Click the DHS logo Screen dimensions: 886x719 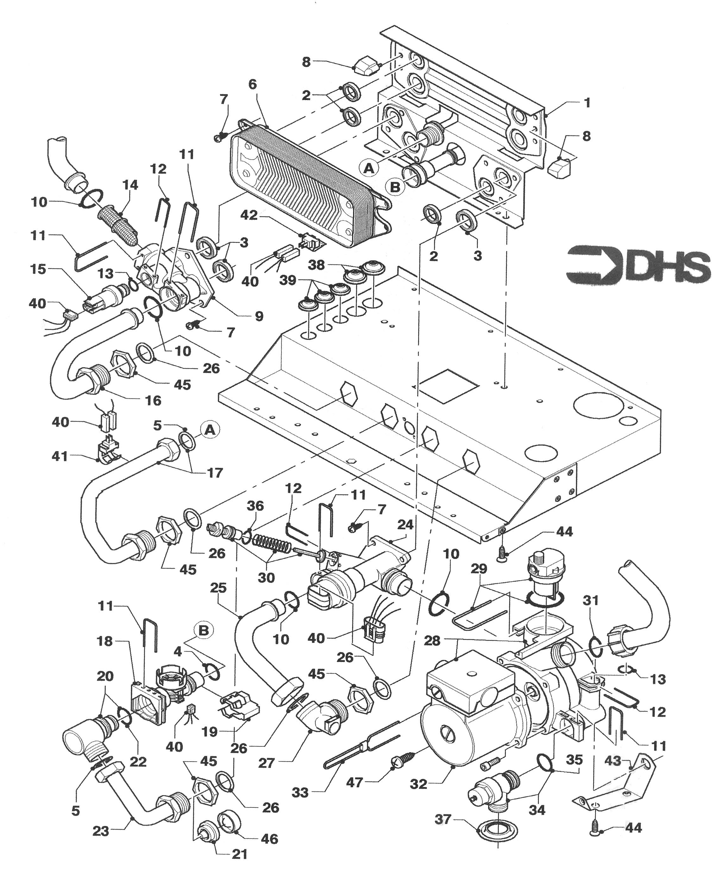pyautogui.click(x=638, y=266)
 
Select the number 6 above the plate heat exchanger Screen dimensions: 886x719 pyautogui.click(x=253, y=85)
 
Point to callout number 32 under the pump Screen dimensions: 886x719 pyautogui.click(x=418, y=784)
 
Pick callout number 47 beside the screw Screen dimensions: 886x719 pyautogui.click(x=355, y=782)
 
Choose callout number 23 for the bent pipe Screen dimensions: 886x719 pyautogui.click(x=101, y=831)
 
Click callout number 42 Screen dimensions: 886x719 pyautogui.click(x=250, y=215)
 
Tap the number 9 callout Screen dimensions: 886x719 pyautogui.click(x=259, y=316)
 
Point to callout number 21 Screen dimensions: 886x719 pyautogui.click(x=239, y=854)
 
